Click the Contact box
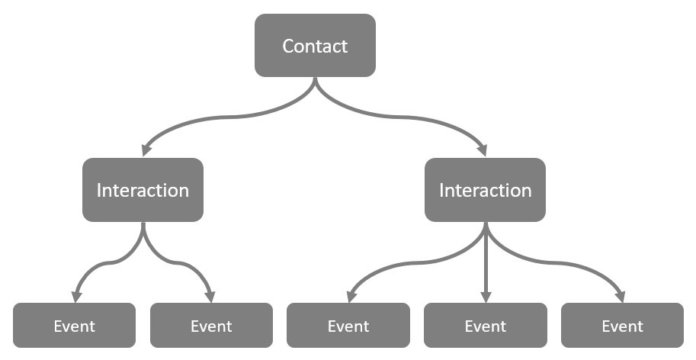click(x=315, y=46)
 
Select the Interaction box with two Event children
click(x=143, y=190)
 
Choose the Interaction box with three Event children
click(x=485, y=190)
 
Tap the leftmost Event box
click(x=74, y=326)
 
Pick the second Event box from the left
click(x=211, y=326)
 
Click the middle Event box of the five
click(x=348, y=326)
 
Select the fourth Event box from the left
click(x=485, y=326)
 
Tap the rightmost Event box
click(x=622, y=326)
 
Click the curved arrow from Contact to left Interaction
click(x=221, y=118)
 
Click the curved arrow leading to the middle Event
click(x=396, y=267)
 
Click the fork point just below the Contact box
click(x=315, y=85)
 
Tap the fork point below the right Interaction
click(x=485, y=233)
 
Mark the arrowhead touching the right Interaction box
click(x=483, y=149)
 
